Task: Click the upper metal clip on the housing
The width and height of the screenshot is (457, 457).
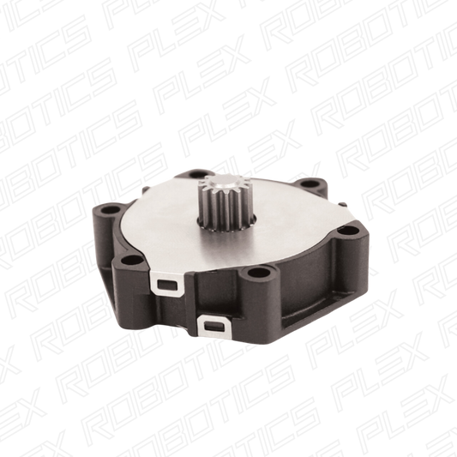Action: click(x=166, y=283)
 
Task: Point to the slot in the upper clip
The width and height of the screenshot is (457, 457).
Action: click(x=167, y=285)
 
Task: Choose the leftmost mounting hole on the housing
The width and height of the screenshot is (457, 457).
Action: click(x=111, y=209)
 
